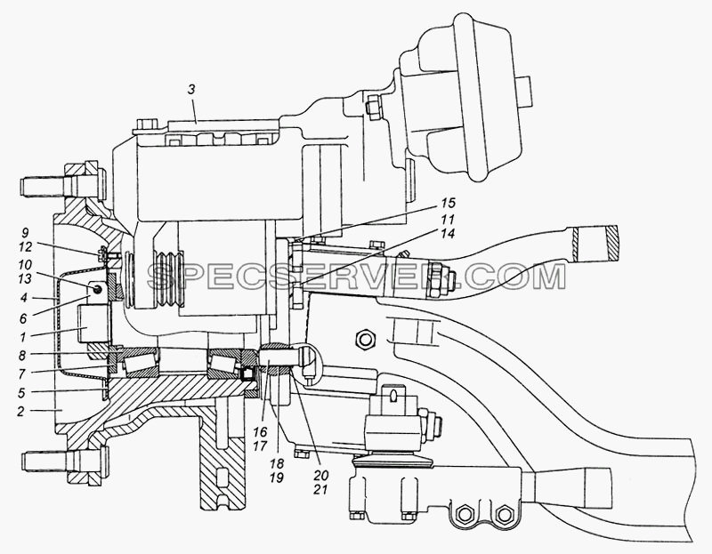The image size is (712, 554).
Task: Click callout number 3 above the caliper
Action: (191, 90)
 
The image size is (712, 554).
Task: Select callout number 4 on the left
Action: (23, 298)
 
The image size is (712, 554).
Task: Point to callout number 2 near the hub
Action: (20, 412)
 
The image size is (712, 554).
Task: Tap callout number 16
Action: (261, 431)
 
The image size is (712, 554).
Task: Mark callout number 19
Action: (277, 477)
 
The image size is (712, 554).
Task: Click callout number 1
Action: (21, 336)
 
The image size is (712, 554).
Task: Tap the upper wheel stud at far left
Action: (44, 185)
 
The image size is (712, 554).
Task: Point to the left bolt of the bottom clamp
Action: (465, 514)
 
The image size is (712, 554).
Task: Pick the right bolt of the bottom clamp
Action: (502, 514)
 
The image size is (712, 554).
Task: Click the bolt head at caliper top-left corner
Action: (146, 124)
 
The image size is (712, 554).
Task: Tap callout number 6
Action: (23, 318)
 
